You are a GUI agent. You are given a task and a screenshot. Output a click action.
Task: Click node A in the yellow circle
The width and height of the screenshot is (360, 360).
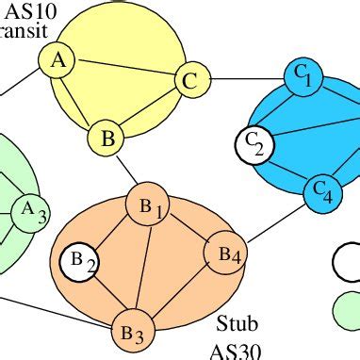[57, 60]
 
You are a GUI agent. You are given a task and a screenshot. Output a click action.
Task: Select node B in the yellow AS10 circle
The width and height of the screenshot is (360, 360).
[107, 139]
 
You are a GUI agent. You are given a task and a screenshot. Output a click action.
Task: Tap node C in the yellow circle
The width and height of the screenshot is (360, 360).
[189, 81]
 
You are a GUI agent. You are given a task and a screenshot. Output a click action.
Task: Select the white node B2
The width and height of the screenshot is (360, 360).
[79, 261]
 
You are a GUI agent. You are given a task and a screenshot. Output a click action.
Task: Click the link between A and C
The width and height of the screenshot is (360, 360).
[123, 71]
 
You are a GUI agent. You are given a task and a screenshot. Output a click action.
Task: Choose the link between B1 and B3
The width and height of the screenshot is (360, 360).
[139, 271]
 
